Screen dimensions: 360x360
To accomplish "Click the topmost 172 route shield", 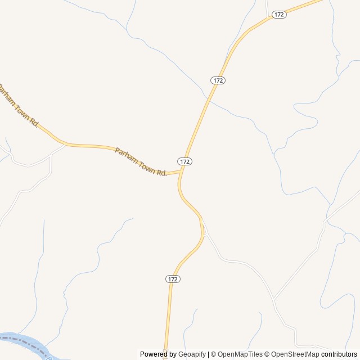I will point(279,15).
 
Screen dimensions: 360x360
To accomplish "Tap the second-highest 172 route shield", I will point(218,80).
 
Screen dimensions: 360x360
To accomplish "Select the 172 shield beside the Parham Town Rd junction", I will point(186,161).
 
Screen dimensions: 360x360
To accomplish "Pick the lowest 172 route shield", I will point(173,279).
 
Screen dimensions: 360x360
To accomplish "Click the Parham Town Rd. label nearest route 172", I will point(141,161).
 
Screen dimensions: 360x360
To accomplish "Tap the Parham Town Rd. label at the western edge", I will point(18,106).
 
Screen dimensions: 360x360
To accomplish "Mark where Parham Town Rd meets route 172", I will point(180,172).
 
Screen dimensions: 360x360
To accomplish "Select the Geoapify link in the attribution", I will point(192,354).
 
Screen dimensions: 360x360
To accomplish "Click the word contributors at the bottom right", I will point(339,354).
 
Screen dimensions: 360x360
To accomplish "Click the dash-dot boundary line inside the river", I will point(28,341).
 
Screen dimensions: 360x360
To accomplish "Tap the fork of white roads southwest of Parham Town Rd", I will point(51,157).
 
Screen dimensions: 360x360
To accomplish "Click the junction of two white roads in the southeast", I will point(274,299).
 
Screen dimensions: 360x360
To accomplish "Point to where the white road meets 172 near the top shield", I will point(267,19).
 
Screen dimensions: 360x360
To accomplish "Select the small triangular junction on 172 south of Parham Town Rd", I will point(204,232).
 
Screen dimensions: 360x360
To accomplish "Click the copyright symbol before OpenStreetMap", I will point(267,354).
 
